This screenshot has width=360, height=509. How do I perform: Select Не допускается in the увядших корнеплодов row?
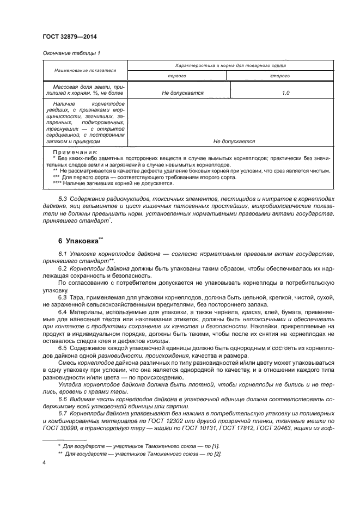[234, 141]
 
